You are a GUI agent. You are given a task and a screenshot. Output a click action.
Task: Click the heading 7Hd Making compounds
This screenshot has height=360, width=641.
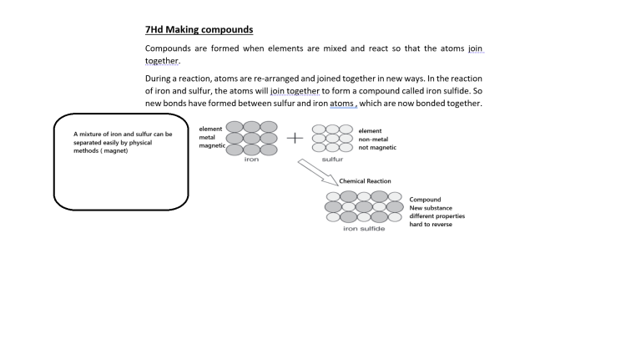click(x=199, y=30)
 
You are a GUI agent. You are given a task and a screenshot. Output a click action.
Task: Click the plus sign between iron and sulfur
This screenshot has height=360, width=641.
click(x=295, y=139)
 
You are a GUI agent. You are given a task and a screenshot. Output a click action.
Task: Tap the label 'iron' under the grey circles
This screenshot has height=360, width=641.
click(x=251, y=159)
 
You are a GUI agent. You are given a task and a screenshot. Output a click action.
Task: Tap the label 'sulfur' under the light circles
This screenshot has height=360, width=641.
click(x=332, y=159)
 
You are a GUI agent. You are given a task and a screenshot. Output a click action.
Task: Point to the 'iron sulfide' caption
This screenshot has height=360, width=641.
click(x=364, y=229)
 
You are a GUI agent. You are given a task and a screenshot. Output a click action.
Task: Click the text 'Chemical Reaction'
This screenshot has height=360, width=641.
click(x=365, y=181)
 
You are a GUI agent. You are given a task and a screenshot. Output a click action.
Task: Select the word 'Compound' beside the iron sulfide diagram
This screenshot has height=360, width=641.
click(x=425, y=200)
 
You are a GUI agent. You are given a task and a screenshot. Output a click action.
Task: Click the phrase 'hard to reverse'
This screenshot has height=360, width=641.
click(x=431, y=224)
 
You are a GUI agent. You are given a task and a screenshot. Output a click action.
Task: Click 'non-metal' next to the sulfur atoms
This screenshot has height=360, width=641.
click(x=374, y=139)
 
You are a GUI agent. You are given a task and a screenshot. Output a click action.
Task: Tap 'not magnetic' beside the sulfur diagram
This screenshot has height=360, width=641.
click(x=377, y=147)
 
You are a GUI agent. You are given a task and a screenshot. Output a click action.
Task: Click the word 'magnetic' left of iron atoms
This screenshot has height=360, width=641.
click(x=213, y=145)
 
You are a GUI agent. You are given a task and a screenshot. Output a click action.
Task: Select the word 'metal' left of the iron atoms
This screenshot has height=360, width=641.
click(x=207, y=137)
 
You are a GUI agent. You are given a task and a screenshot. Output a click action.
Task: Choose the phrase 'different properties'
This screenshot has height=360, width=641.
click(x=437, y=215)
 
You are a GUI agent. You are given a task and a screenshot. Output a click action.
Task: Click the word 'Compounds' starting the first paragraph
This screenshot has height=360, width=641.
click(x=169, y=48)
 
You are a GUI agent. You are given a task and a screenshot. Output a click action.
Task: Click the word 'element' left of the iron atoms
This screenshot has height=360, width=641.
click(x=210, y=129)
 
